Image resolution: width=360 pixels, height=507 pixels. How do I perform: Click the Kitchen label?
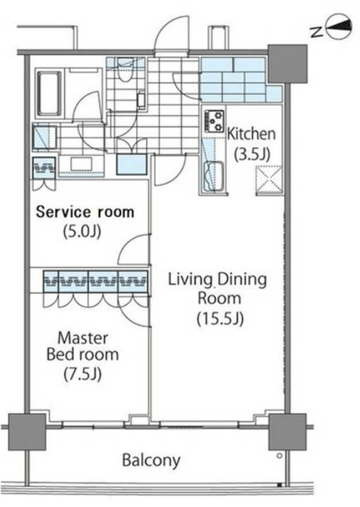coord(251,134)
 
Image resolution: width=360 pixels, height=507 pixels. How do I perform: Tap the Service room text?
coord(85,212)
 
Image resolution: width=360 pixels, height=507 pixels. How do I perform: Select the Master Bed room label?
coord(83,346)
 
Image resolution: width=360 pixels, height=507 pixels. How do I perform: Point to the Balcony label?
coord(151,460)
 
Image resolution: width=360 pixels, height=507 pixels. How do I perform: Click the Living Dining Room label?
coord(218,288)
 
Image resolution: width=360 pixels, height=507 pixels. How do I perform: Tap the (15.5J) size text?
coord(220,318)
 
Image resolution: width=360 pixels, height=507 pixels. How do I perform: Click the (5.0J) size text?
coord(82,231)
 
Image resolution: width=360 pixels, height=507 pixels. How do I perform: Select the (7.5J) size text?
coord(82,375)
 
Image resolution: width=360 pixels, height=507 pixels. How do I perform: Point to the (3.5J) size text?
coord(252,154)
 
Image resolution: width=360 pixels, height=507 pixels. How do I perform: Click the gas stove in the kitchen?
coord(214,121)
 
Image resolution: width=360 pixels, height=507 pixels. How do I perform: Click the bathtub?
coord(49,93)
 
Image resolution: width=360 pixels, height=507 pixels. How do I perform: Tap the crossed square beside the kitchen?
coord(269,180)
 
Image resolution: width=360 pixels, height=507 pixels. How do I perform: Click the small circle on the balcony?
coord(280,456)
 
